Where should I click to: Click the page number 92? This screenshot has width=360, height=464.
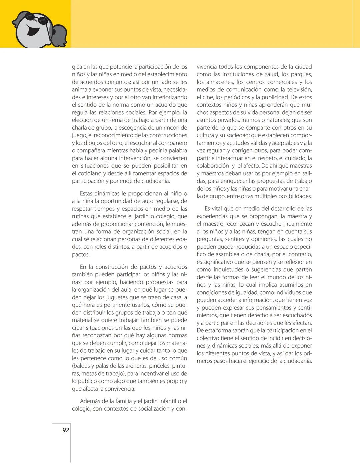click(x=66, y=430)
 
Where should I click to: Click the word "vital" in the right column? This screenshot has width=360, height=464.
click(x=217, y=209)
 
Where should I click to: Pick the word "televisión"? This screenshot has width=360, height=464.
click(x=297, y=90)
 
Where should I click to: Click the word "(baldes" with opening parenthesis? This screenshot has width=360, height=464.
click(x=82, y=366)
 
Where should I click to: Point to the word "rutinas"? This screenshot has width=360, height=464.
click(x=81, y=216)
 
